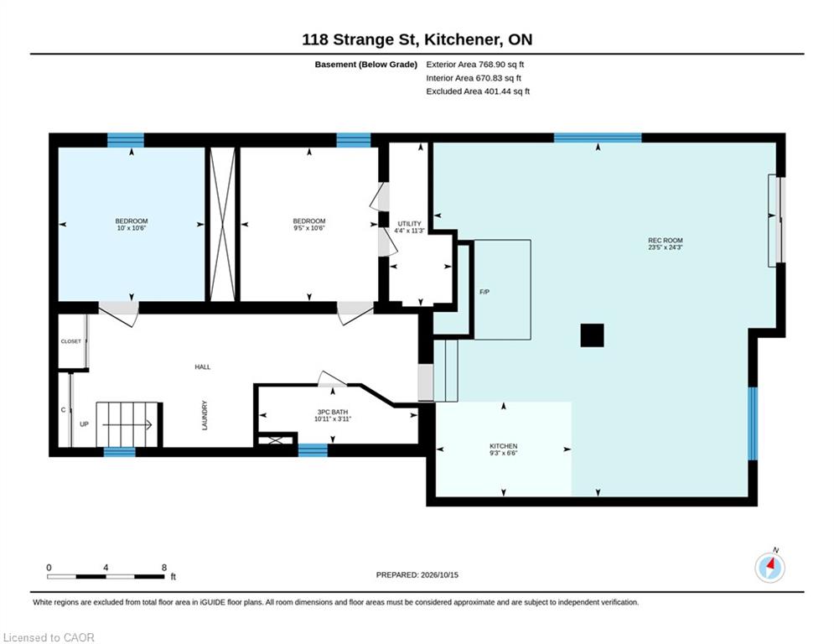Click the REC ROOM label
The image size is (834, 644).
point(666,241)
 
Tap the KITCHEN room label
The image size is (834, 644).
point(503,446)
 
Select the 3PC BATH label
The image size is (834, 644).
point(333,412)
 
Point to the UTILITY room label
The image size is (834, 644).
point(410,224)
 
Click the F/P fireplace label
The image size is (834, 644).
point(484,292)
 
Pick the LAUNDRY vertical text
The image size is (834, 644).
point(205,415)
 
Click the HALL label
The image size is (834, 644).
point(203,366)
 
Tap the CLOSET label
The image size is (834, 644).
point(71,341)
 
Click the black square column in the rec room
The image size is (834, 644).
point(592,335)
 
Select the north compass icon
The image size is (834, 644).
point(769,568)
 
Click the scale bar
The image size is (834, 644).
point(106,576)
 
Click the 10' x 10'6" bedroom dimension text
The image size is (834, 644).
point(132,228)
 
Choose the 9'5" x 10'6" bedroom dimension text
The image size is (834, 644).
point(309,228)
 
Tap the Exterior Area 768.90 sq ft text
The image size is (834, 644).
point(475,65)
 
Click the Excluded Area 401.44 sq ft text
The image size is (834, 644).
point(478,91)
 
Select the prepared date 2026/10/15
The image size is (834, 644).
point(439,574)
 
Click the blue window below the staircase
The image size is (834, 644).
point(119,452)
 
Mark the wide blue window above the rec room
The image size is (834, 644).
point(598,138)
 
